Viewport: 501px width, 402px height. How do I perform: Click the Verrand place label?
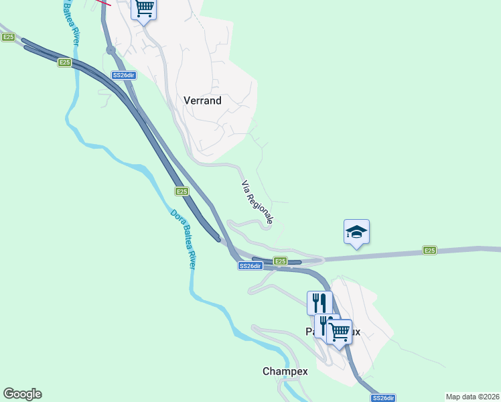[x=202, y=100]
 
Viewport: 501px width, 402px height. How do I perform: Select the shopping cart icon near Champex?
[x=340, y=330]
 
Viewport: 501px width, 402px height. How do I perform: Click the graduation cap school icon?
[x=356, y=232]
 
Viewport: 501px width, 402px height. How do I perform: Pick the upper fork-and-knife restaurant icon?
[x=319, y=302]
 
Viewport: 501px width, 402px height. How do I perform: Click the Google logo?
[x=22, y=394]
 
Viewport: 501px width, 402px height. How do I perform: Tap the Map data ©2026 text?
[x=472, y=396]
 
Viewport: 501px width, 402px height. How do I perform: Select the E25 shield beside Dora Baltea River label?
[x=182, y=192]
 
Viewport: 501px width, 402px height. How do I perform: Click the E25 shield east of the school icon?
[x=429, y=251]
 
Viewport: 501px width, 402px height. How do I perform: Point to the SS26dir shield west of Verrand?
[x=125, y=75]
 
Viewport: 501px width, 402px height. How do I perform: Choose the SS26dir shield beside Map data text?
[x=383, y=398]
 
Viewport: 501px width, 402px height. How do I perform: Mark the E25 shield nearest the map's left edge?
[x=8, y=38]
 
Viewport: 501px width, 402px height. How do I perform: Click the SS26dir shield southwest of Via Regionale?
[x=250, y=266]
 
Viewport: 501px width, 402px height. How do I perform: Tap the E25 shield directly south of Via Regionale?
[x=280, y=261]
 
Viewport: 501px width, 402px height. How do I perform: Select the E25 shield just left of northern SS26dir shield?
[x=64, y=62]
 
